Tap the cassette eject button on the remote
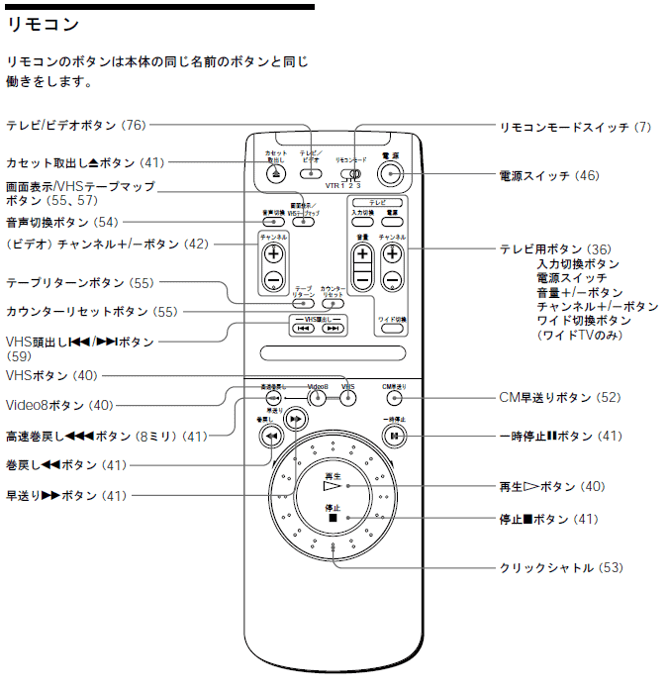tap(274, 175)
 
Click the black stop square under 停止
tap(334, 518)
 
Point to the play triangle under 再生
tap(332, 486)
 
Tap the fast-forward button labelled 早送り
tap(294, 420)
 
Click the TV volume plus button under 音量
tap(362, 254)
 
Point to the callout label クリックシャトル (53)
tap(560, 568)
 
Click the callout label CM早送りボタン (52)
tap(559, 398)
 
